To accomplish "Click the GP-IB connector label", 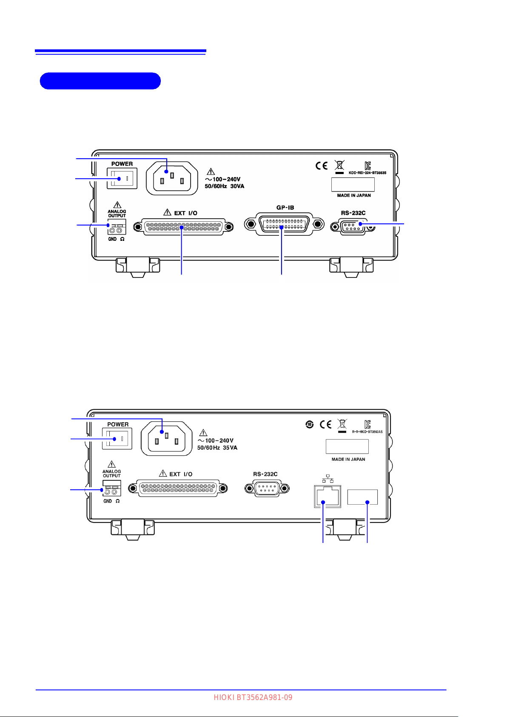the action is point(285,208).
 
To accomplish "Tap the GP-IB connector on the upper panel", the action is point(284,224).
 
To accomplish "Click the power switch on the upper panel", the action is point(122,178).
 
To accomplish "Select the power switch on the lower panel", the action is point(117,438).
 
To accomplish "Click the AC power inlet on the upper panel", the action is point(172,178).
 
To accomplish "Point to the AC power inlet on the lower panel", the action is point(166,439).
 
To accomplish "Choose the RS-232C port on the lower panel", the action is point(267,488).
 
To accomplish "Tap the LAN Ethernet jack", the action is point(327,496).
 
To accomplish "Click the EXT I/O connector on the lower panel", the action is point(177,488).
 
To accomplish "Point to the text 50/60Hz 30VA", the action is point(225,186).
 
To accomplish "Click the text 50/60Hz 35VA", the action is point(217,448).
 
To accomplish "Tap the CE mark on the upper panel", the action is point(322,166).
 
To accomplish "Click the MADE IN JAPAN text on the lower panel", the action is point(348,460).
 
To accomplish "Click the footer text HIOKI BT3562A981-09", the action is point(253,697).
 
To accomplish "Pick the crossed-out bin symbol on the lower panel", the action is point(342,424).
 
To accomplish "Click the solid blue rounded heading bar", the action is point(100,81).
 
